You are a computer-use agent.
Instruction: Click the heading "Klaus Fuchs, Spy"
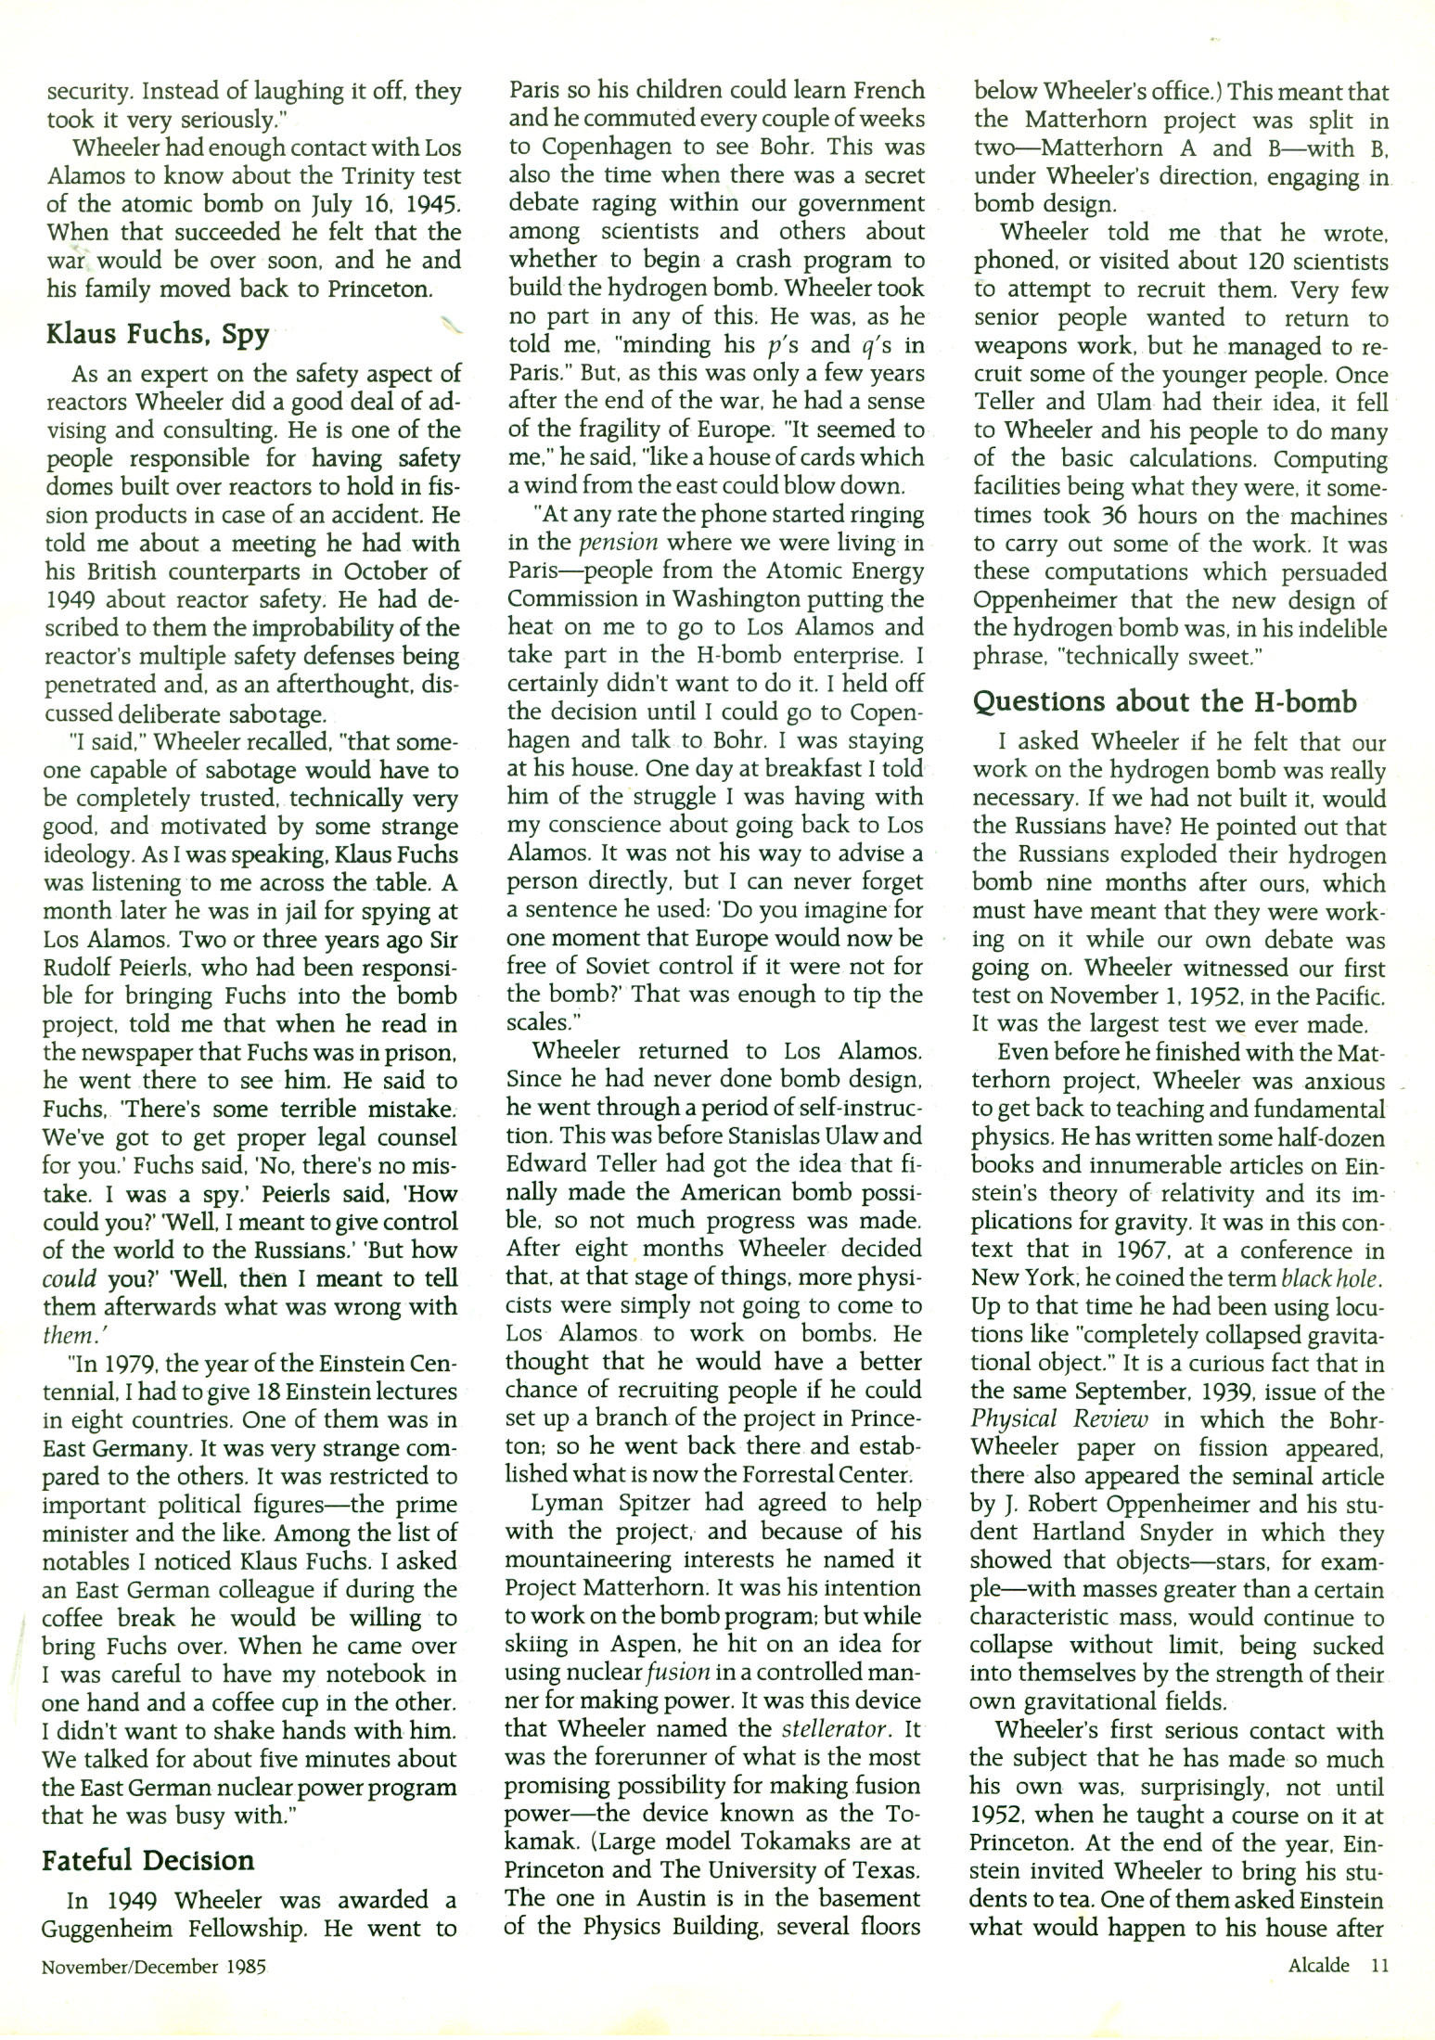(x=158, y=333)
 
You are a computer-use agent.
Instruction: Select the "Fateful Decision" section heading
(x=147, y=1860)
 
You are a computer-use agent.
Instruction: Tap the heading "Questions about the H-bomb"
(x=1164, y=701)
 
